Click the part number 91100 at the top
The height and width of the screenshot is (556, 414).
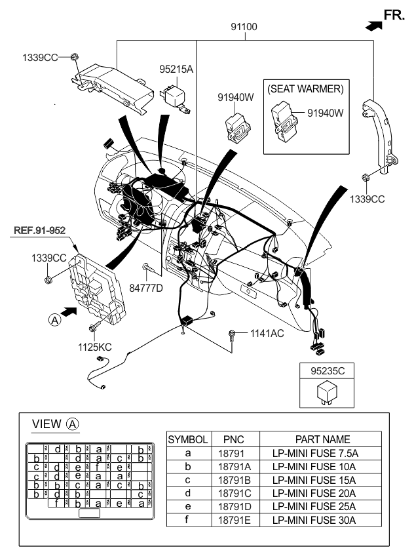point(244,28)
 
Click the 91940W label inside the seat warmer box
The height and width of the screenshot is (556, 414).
point(326,113)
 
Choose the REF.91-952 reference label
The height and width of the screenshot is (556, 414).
point(39,229)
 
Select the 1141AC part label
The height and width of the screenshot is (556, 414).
point(267,333)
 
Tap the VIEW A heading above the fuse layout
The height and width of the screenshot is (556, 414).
point(55,424)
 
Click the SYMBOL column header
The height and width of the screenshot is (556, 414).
point(188,440)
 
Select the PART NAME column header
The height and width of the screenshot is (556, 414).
point(322,440)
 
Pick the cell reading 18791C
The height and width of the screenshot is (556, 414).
point(234,493)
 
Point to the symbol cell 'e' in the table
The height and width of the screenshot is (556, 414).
point(188,506)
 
